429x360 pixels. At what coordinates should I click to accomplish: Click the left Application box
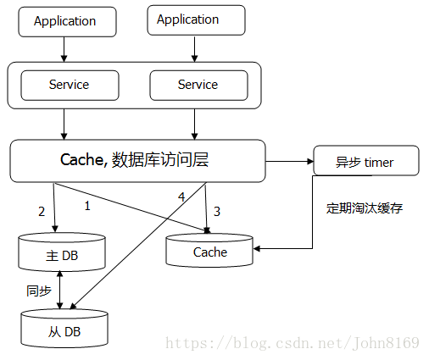[x=64, y=22]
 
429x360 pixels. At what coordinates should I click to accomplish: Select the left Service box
[x=69, y=85]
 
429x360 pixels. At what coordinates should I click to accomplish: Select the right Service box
[x=198, y=85]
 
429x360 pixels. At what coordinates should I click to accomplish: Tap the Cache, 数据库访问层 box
[x=137, y=160]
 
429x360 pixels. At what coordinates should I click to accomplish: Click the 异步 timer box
[x=365, y=161]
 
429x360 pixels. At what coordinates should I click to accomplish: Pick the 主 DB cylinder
[x=63, y=252]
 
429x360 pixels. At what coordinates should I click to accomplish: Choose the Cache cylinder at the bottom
[x=209, y=251]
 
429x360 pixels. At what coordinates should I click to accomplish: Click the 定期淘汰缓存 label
[x=365, y=208]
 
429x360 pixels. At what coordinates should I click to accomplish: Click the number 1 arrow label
[x=87, y=204]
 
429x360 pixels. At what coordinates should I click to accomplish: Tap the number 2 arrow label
[x=41, y=212]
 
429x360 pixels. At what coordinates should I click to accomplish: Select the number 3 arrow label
[x=217, y=211]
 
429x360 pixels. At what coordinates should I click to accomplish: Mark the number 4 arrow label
[x=181, y=197]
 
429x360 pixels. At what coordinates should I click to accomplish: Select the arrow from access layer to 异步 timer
[x=288, y=160]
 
